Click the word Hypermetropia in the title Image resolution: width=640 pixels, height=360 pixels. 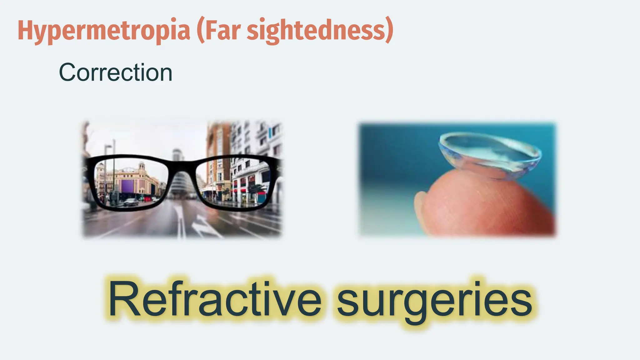(x=104, y=31)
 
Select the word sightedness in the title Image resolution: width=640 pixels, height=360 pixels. (x=316, y=31)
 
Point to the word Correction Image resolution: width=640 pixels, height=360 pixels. (x=116, y=72)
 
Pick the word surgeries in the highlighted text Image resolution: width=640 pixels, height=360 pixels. (x=434, y=299)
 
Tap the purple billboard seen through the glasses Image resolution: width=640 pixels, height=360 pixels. (x=127, y=186)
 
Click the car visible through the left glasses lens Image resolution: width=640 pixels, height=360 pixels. (x=131, y=202)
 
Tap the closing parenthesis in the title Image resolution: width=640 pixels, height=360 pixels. (x=389, y=31)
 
